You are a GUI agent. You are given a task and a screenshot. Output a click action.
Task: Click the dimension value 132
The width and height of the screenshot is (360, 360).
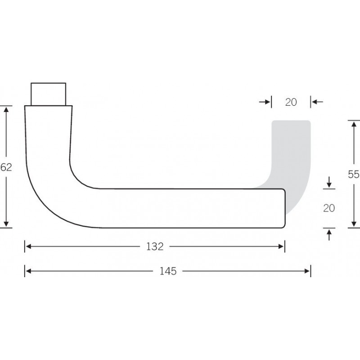tap(155, 247)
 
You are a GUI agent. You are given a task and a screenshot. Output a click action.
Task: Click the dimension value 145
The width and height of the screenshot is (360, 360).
tap(168, 271)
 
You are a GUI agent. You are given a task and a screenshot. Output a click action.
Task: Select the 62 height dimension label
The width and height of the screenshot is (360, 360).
tap(6, 167)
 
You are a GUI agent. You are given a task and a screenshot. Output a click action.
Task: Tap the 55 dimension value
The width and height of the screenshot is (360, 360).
tap(354, 174)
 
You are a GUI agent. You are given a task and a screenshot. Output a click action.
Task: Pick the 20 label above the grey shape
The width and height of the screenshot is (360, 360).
tap(291, 102)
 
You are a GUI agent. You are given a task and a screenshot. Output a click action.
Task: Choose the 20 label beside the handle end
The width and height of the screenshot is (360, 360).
tap(329, 208)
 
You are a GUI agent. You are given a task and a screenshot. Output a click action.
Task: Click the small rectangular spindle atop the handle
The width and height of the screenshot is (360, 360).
tap(49, 94)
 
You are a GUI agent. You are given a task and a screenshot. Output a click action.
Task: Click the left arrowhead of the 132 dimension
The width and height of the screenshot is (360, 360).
tap(28, 247)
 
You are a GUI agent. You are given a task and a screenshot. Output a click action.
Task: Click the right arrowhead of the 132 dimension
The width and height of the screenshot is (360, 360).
tap(281, 247)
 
